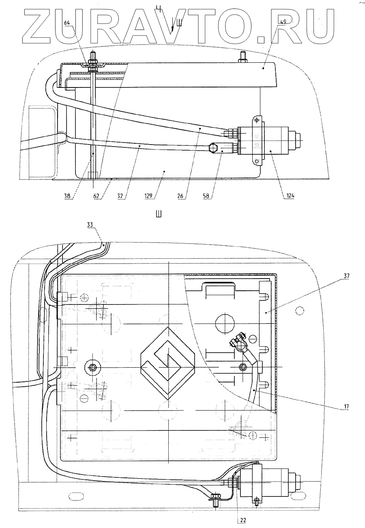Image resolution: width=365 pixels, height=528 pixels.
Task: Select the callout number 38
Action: point(67,196)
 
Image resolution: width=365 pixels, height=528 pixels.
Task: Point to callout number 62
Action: point(96,196)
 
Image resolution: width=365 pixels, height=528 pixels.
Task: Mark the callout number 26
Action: point(181,196)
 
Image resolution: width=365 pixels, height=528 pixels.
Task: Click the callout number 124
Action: point(290,196)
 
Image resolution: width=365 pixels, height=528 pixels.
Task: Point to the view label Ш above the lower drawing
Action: point(159,214)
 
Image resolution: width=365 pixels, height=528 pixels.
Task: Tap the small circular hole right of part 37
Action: point(299,311)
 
